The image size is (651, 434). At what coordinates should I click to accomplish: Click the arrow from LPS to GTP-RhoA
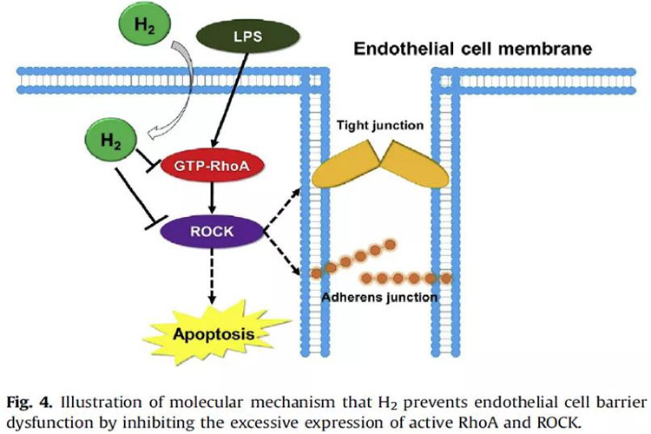pyautogui.click(x=230, y=101)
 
